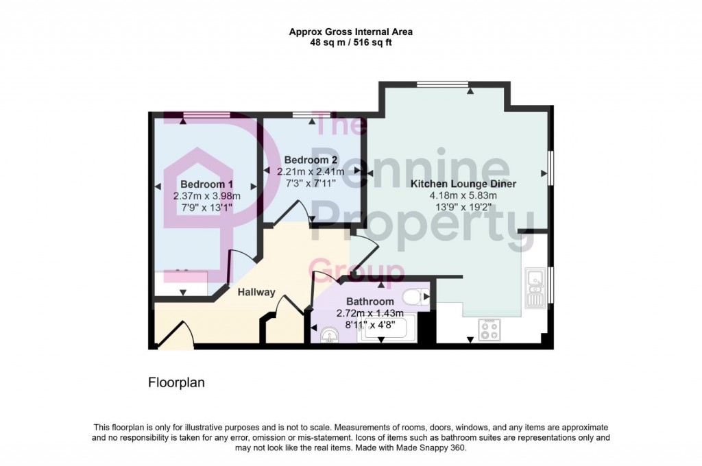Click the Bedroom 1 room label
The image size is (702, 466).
pos(206,184)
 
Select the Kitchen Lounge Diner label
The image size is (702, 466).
pos(463,184)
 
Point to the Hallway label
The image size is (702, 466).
pos(256,292)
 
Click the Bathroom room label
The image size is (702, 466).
pos(370,302)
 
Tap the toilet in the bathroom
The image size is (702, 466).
pos(413,297)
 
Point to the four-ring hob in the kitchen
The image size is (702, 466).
pos(489,331)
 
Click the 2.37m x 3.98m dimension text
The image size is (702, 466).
pos(206,196)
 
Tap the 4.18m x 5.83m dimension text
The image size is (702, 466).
pos(463,195)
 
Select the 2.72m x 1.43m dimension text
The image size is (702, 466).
pos(370,313)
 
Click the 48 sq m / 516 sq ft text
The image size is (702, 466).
pos(350,42)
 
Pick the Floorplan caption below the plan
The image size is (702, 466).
pos(176,382)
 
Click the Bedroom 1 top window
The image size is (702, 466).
pos(206,114)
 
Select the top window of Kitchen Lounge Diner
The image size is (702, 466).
pos(442,84)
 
